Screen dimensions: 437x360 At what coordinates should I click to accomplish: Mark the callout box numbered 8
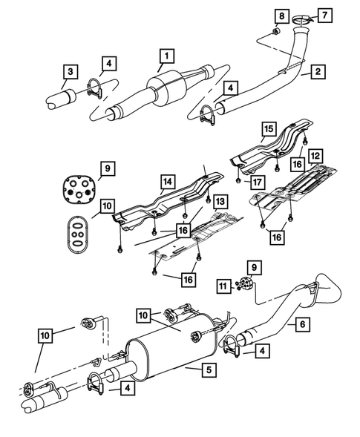pyautogui.click(x=281, y=16)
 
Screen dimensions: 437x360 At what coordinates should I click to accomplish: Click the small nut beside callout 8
pyautogui.click(x=275, y=30)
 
